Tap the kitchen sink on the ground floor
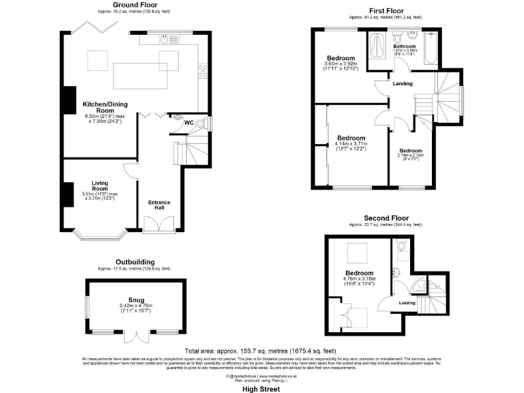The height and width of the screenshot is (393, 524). [x=164, y=40]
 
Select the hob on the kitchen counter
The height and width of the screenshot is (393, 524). [x=201, y=68]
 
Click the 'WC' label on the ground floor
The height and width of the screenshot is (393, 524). [x=188, y=123]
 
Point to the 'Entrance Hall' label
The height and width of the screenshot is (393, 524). [x=159, y=205]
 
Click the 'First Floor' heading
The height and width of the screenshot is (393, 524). [x=386, y=11]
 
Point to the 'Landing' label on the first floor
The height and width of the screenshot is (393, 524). [x=402, y=84]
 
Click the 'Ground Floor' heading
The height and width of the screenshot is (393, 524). [x=132, y=4]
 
